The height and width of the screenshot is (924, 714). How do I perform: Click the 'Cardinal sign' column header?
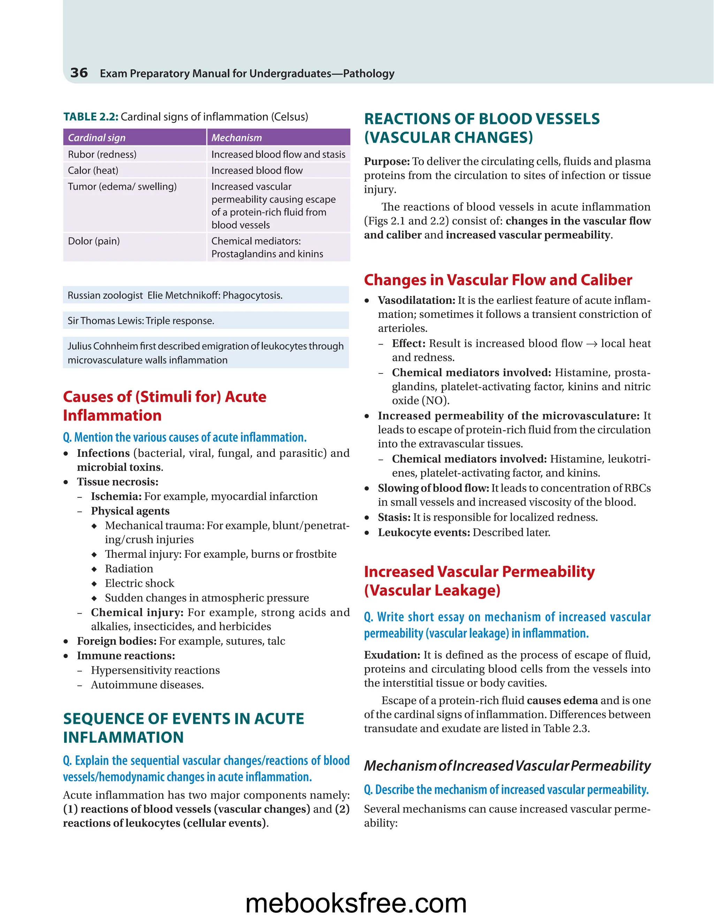(x=97, y=137)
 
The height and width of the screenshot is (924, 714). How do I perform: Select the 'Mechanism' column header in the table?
(x=236, y=137)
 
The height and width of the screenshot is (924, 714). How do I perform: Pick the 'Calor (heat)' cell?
(x=93, y=171)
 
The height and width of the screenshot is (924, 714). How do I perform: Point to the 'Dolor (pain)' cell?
(x=94, y=241)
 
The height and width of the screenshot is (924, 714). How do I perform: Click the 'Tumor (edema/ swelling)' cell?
(x=122, y=187)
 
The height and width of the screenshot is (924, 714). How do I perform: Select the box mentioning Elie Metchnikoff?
(x=206, y=295)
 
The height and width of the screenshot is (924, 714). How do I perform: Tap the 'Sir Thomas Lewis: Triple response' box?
(x=206, y=321)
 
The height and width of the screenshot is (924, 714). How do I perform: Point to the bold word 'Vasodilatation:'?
(x=416, y=300)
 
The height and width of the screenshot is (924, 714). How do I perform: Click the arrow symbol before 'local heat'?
(x=591, y=344)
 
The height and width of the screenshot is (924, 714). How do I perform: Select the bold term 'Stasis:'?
(x=394, y=517)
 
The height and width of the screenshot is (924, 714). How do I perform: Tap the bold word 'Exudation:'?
(x=392, y=655)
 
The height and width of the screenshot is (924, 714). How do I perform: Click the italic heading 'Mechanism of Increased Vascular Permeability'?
(x=507, y=766)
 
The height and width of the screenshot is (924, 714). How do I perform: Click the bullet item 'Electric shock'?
(x=139, y=583)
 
